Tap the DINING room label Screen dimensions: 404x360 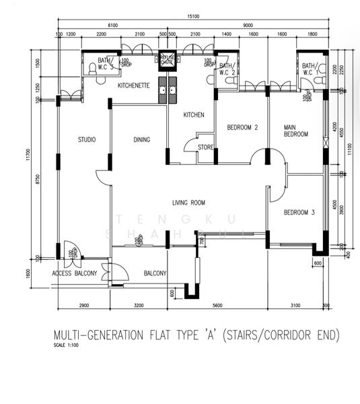click(x=141, y=140)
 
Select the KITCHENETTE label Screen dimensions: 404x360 click(x=133, y=86)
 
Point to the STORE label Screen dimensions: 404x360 click(x=205, y=147)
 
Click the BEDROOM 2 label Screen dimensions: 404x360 click(x=242, y=127)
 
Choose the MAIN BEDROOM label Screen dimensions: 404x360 click(x=295, y=131)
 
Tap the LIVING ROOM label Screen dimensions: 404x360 click(x=188, y=203)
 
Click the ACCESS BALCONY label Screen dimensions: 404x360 click(x=75, y=273)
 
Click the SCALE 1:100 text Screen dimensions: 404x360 click(x=67, y=345)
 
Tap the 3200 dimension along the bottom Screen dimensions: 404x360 click(x=139, y=306)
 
